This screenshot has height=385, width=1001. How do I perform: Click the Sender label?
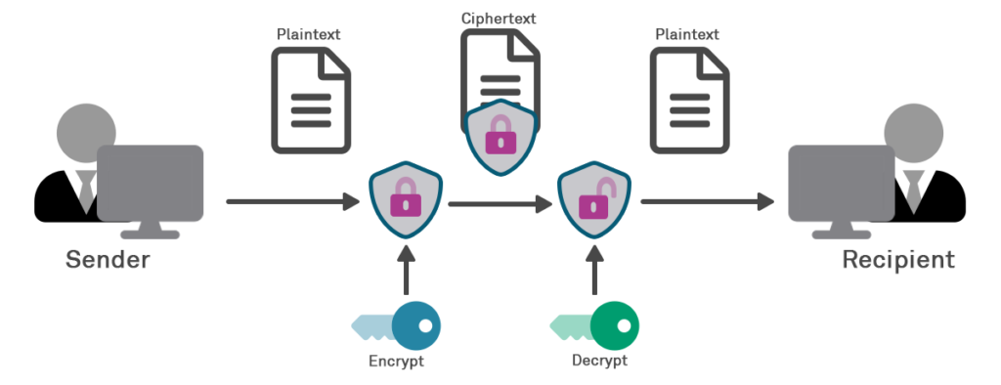point(108,260)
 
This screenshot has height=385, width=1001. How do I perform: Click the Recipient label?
point(898,260)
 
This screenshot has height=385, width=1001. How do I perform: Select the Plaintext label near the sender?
point(309,35)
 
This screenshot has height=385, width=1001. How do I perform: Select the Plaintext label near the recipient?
point(687,35)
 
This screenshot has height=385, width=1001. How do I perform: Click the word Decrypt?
point(598,361)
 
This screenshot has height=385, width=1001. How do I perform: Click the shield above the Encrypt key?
point(405,200)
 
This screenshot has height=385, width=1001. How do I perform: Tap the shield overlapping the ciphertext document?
point(500,136)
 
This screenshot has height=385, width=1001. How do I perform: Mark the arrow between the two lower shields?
point(499,204)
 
